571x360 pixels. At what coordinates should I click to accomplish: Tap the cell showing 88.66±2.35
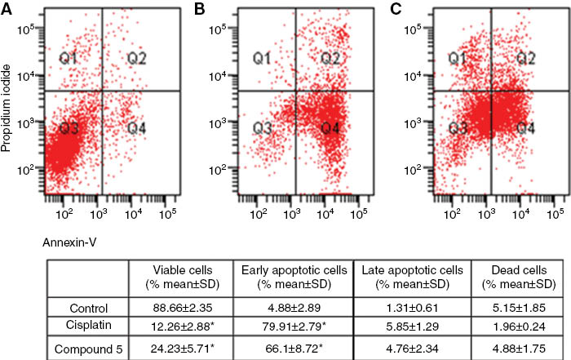click(178, 309)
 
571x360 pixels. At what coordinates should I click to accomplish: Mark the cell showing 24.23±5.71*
click(178, 347)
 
